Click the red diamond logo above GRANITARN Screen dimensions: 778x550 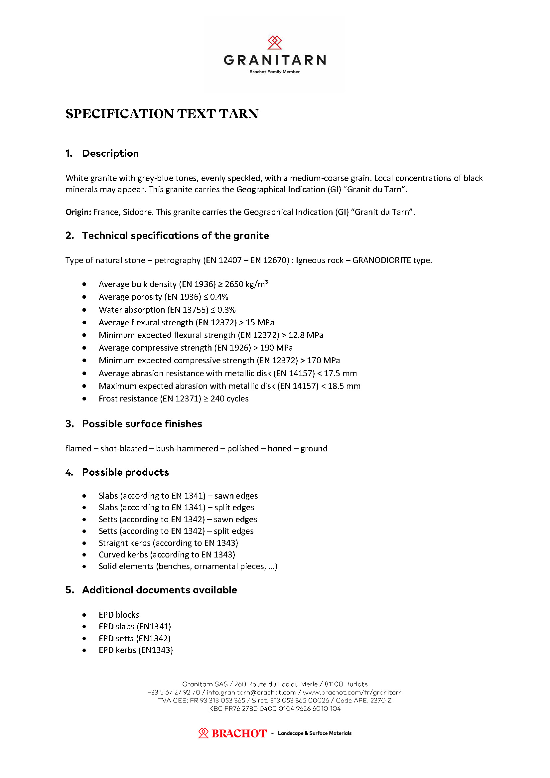274,43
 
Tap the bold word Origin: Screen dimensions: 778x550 78,212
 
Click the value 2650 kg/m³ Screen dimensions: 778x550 246,284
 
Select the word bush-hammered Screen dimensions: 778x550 187,449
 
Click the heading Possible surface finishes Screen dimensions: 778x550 142,424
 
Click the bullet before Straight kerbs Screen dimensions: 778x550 84,543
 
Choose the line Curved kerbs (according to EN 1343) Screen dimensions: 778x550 167,555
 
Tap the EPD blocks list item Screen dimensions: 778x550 119,615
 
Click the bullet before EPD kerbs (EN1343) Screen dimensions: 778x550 84,650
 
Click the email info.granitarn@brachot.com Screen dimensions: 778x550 251,692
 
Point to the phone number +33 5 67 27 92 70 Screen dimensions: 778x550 174,692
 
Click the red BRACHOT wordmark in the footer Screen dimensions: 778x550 239,734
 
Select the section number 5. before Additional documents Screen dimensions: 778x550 69,590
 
